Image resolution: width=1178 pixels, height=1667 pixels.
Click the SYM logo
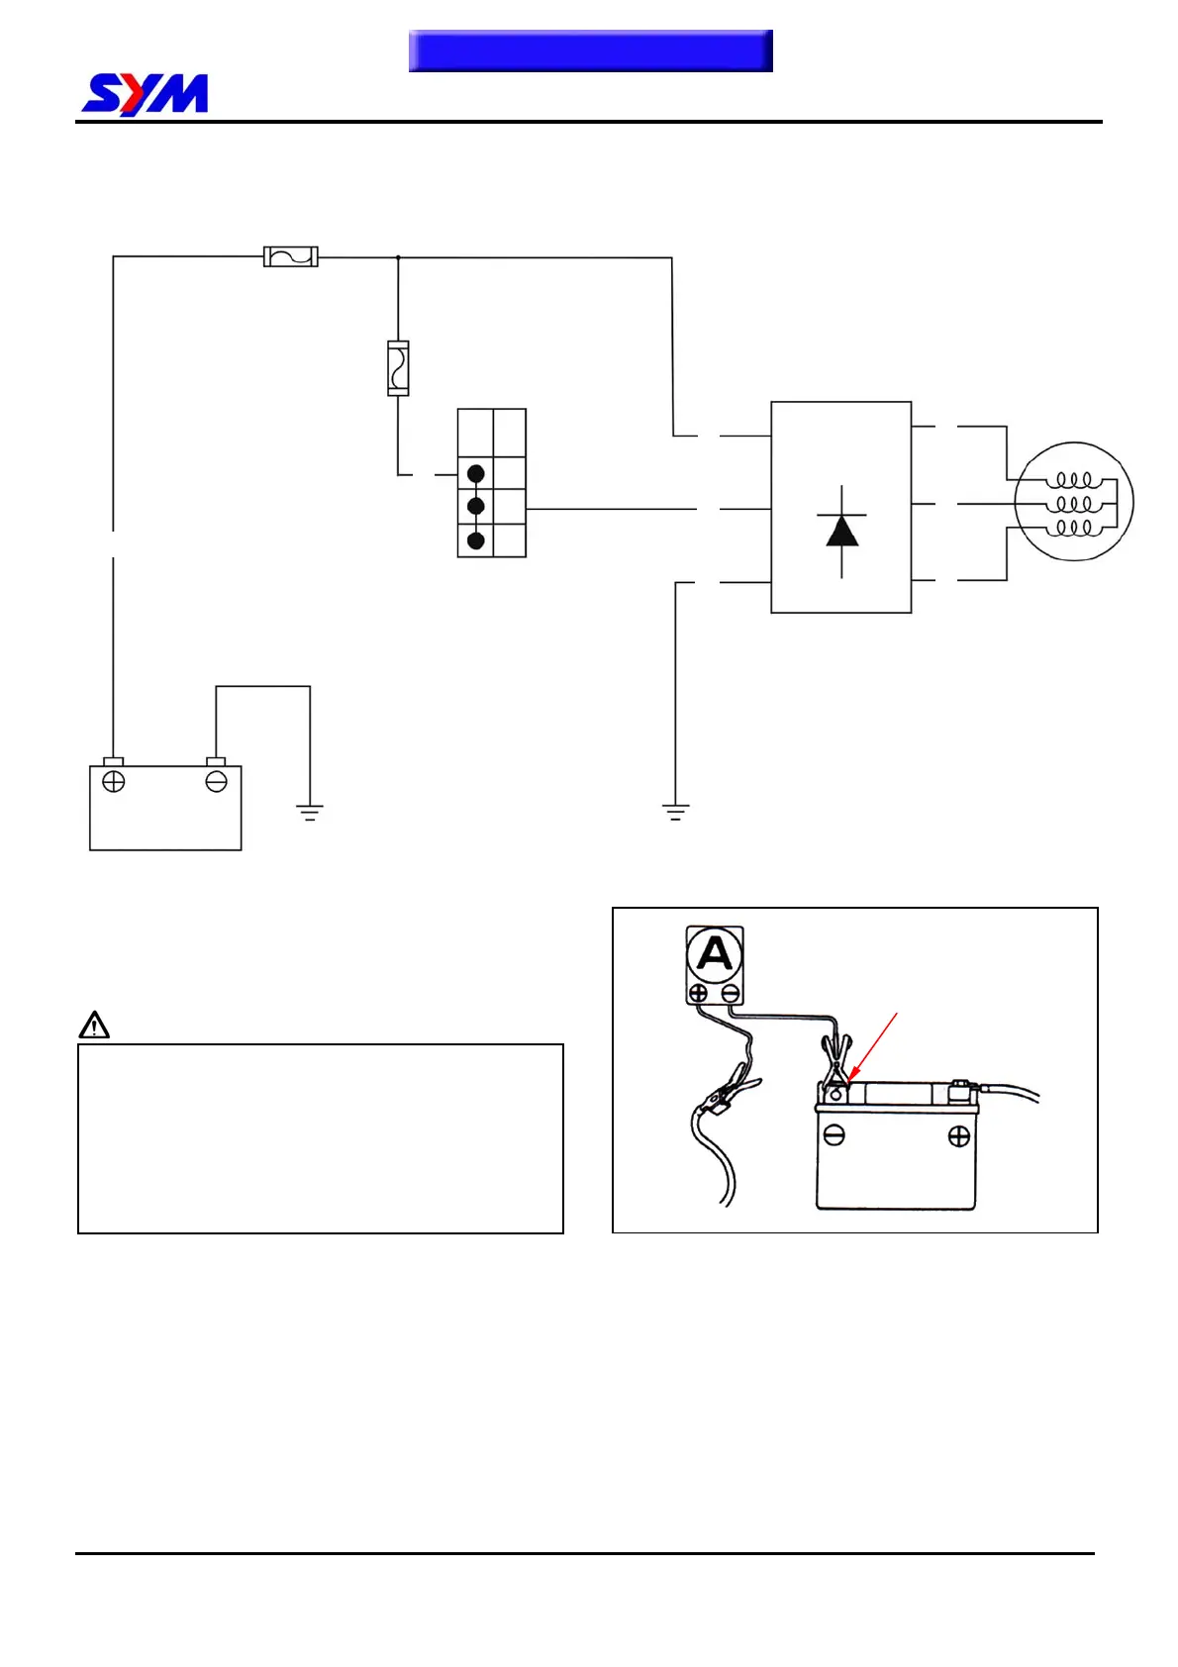click(x=145, y=94)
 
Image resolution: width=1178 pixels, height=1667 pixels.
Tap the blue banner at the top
click(x=590, y=50)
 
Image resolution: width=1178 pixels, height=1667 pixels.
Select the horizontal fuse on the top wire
click(x=290, y=256)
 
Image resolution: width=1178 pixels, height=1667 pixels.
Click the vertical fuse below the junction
click(x=398, y=368)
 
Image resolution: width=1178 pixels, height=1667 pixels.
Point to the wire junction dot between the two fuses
click(x=398, y=257)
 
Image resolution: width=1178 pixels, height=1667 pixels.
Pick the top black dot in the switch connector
click(x=476, y=473)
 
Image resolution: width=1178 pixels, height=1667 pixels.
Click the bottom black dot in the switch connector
click(x=476, y=540)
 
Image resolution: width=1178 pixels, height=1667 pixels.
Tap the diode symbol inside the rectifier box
click(x=841, y=531)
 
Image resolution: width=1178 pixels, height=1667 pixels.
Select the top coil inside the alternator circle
click(x=1074, y=480)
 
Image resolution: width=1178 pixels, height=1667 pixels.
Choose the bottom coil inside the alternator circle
click(x=1074, y=529)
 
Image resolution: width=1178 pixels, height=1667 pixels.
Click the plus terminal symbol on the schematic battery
click(x=114, y=782)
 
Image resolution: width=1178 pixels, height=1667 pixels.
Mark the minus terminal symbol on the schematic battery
click(x=216, y=782)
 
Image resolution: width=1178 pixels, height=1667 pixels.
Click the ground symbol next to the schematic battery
click(x=310, y=813)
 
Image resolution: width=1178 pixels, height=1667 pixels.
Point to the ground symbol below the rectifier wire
click(x=676, y=813)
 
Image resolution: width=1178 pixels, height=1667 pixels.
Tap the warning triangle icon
click(x=94, y=1025)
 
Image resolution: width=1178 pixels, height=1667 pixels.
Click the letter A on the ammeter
click(x=715, y=954)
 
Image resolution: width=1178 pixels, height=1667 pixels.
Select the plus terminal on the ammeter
click(x=698, y=993)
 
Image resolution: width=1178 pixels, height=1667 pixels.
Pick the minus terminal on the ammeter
click(x=731, y=993)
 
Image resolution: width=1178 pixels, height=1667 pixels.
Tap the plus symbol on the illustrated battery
click(x=958, y=1136)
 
